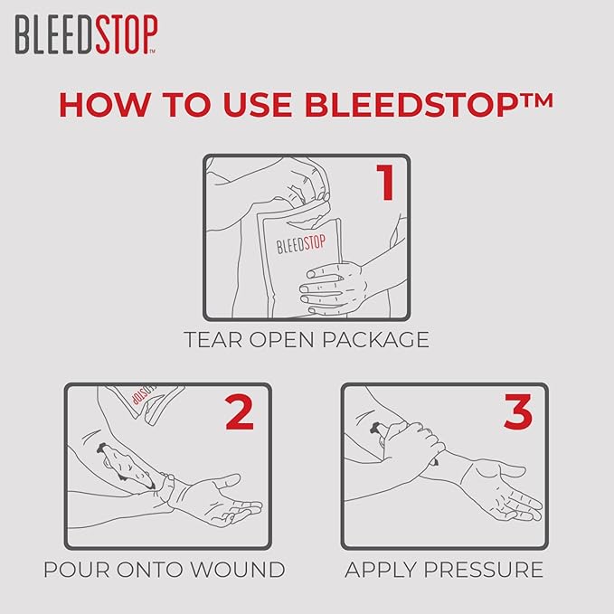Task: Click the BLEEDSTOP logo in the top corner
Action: (86, 34)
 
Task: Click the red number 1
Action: (385, 182)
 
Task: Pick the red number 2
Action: (239, 411)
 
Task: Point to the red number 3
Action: (518, 411)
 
